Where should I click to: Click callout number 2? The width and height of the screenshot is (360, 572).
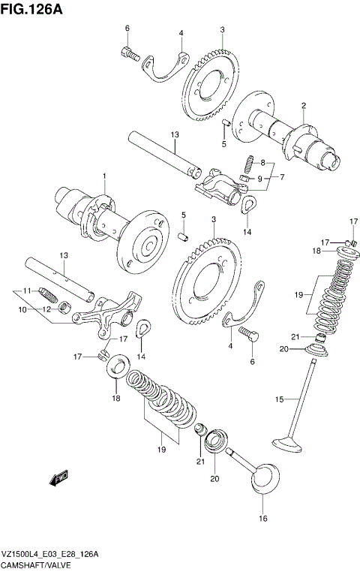click(x=303, y=105)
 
